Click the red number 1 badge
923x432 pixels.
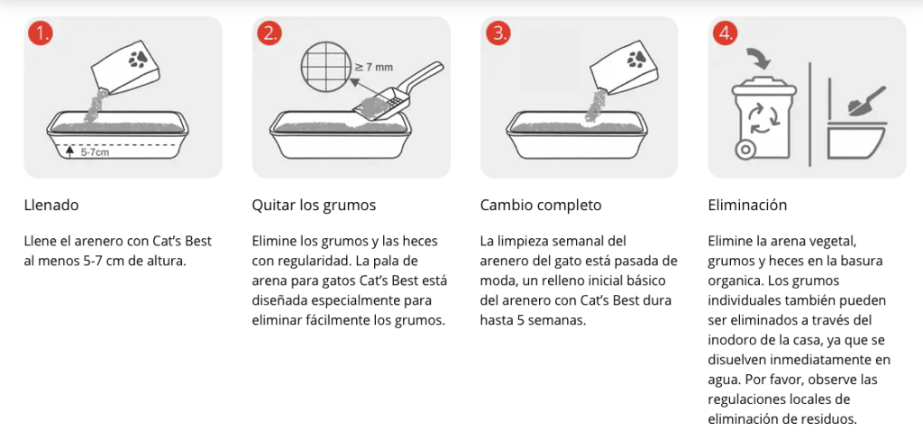pyautogui.click(x=40, y=33)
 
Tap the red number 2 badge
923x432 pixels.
pyautogui.click(x=269, y=33)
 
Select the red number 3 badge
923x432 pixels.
pyautogui.click(x=498, y=33)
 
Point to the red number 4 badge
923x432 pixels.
pyautogui.click(x=726, y=33)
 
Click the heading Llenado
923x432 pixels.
pyautogui.click(x=51, y=206)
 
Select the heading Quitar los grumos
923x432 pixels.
pyautogui.click(x=314, y=206)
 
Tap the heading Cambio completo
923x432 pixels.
pyautogui.click(x=541, y=206)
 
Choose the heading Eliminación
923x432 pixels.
pyautogui.click(x=747, y=206)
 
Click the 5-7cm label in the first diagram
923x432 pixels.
pyautogui.click(x=96, y=152)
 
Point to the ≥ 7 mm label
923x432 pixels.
pyautogui.click(x=373, y=67)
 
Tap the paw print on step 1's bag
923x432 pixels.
pyautogui.click(x=140, y=59)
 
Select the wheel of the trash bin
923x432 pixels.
pyautogui.click(x=745, y=151)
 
